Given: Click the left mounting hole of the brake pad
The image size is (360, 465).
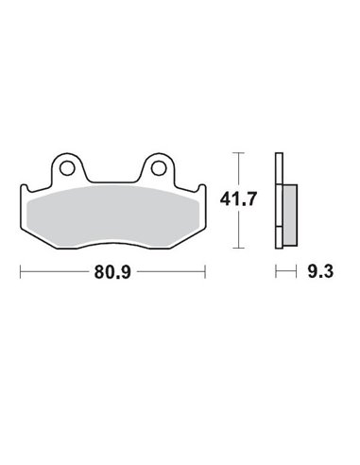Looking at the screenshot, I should (66, 169).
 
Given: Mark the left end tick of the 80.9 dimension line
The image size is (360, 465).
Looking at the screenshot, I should (20, 273).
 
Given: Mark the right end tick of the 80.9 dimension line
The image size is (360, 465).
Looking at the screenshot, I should (205, 273).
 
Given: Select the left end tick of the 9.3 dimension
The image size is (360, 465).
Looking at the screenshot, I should (276, 273).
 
